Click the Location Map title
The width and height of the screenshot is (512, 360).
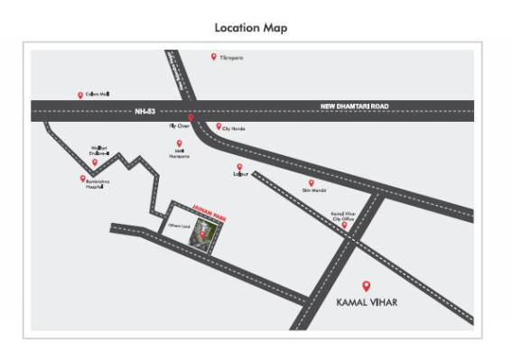tap(251, 28)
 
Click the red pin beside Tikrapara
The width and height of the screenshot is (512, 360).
tap(214, 57)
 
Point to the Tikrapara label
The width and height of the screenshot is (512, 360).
tap(232, 58)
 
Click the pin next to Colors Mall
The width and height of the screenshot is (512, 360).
tap(80, 95)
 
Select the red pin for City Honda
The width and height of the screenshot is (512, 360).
tap(219, 126)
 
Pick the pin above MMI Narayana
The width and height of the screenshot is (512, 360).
tap(179, 143)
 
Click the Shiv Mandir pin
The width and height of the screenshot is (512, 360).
tap(312, 183)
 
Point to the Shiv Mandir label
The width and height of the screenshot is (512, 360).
tap(313, 191)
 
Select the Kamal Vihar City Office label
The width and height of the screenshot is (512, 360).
tap(342, 216)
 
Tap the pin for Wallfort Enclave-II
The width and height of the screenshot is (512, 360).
tap(95, 162)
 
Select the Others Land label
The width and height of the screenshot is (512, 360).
tap(179, 226)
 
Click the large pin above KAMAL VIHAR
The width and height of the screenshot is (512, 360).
tap(366, 286)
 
